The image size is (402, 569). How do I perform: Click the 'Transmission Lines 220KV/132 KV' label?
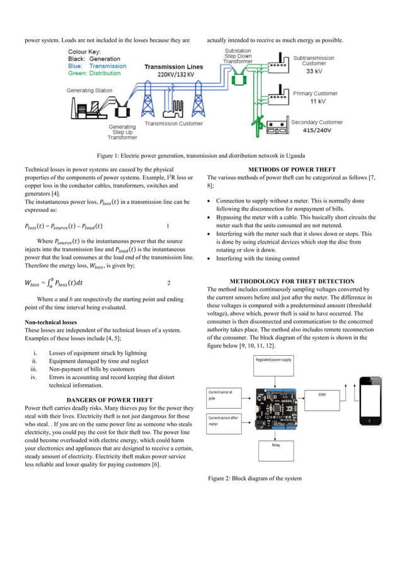(173, 70)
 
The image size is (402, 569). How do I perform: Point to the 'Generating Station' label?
(90, 90)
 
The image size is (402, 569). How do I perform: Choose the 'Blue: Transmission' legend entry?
(98, 66)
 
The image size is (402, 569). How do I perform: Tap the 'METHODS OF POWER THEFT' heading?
(292, 169)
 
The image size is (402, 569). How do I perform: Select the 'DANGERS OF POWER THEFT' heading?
(109, 399)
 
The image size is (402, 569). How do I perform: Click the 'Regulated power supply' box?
(273, 360)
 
